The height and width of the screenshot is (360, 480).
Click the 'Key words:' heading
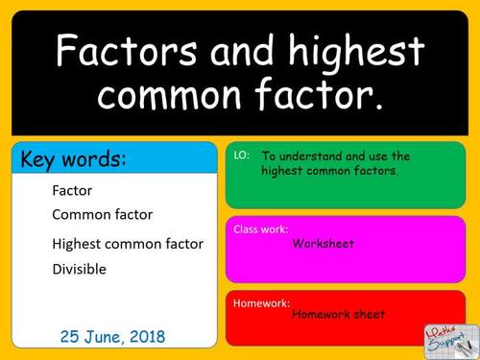[73, 159]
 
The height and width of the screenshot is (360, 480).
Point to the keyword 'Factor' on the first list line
[73, 190]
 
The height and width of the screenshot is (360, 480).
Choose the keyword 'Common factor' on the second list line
[102, 214]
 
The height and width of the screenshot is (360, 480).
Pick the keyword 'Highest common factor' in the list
[128, 244]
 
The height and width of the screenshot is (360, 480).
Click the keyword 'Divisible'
[80, 269]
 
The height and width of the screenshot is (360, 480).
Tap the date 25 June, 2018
[112, 337]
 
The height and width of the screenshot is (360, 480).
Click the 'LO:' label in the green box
[242, 156]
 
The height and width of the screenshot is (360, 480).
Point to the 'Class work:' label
[260, 229]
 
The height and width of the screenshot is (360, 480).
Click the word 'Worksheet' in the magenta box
[324, 244]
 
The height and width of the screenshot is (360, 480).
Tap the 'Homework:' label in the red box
[262, 301]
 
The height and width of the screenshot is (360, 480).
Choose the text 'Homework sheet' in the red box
[338, 314]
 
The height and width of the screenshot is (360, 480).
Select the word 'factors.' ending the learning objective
[375, 171]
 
